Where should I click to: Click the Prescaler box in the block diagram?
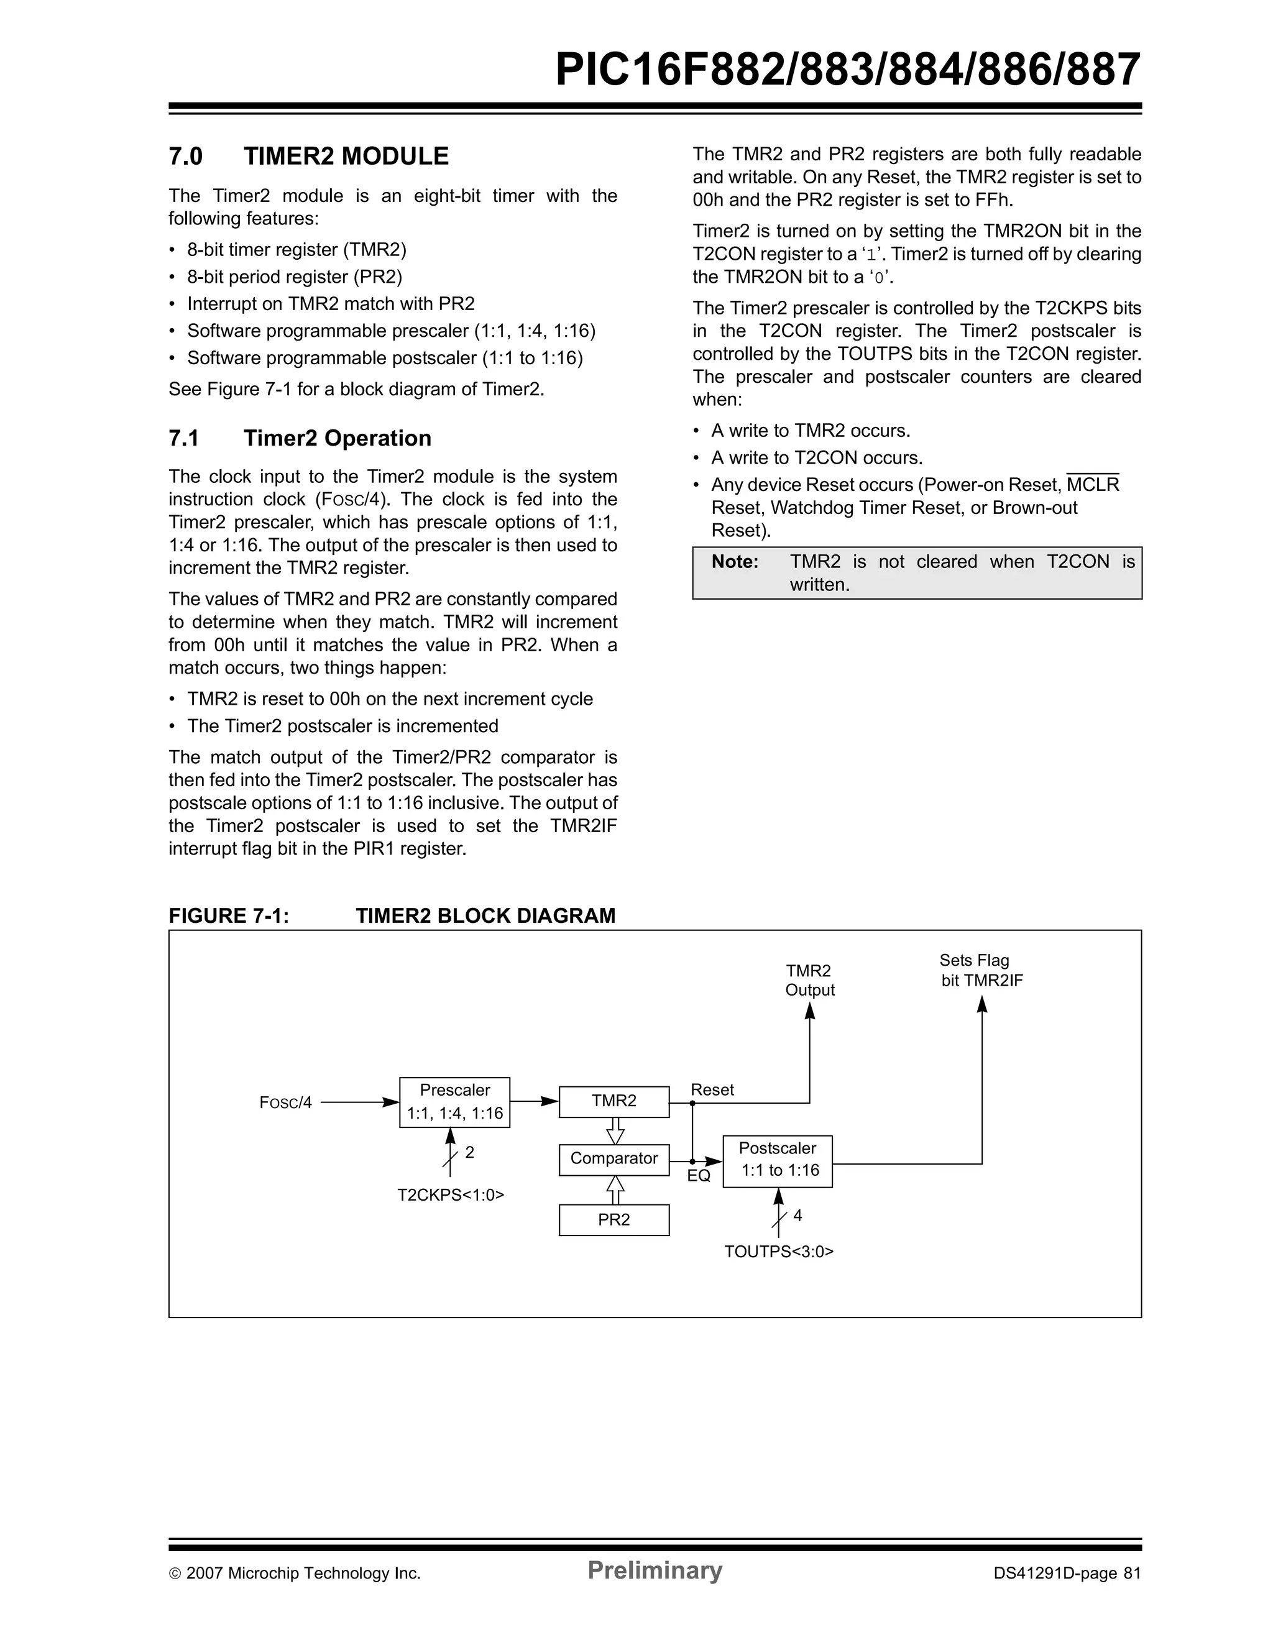454,1102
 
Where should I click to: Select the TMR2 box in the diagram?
614,1101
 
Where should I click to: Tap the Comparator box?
614,1159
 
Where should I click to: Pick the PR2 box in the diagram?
614,1219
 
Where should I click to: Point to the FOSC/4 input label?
285,1102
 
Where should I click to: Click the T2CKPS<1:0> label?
451,1195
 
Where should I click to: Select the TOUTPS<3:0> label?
779,1252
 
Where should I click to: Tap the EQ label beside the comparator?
698,1176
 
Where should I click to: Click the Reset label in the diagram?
712,1090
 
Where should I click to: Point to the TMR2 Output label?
810,981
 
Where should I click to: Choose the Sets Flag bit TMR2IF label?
981,970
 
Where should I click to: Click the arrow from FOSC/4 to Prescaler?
359,1102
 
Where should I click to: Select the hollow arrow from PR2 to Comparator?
615,1190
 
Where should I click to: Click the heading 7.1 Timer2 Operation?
300,438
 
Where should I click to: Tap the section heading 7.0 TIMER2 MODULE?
308,157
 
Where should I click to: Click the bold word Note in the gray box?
735,562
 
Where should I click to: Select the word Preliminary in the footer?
655,1570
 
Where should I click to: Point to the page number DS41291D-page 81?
1067,1574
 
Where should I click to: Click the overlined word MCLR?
1093,485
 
